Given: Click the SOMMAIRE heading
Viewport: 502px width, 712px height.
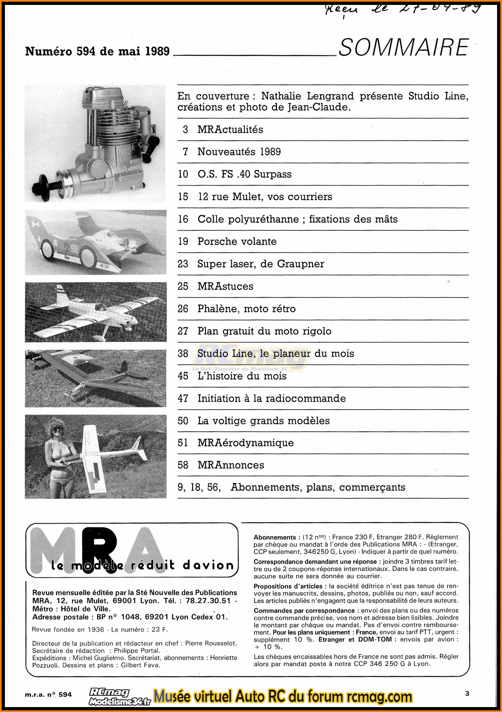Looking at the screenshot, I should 404,48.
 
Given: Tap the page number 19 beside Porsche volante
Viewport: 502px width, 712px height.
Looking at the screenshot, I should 183,241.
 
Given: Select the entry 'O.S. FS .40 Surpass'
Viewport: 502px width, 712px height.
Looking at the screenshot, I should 244,174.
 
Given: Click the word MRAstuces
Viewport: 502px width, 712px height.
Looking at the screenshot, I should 225,286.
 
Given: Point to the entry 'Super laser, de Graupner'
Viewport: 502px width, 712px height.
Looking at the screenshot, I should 261,264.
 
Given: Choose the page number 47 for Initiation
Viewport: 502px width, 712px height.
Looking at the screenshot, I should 183,398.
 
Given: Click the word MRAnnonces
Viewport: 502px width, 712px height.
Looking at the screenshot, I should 230,465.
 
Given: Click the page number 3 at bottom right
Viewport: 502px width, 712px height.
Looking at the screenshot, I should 467,694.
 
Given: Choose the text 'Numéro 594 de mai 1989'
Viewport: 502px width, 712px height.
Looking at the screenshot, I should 97,51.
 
